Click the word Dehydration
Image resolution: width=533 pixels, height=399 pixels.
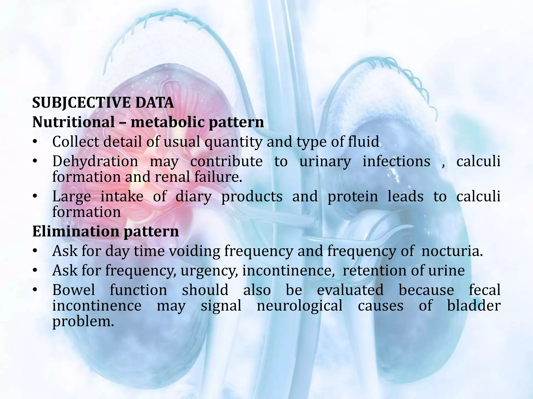coord(95,161)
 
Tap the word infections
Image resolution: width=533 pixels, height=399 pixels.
coord(396,161)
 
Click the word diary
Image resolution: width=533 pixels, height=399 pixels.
coord(194,197)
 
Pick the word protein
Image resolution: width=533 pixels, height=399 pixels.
coord(353,197)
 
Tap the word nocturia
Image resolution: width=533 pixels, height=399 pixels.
coord(452,251)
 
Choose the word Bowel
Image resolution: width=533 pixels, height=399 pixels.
coord(74,290)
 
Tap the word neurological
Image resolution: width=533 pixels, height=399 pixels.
coord(300,306)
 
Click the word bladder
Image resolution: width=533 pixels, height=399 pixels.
coord(474,306)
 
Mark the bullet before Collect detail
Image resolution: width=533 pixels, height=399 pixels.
coord(35,142)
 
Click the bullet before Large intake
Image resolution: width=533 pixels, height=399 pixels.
coord(35,197)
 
